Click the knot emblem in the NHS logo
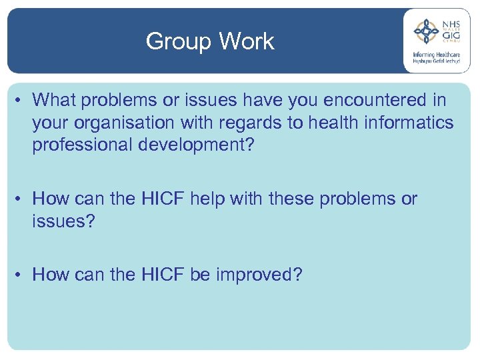click(426, 31)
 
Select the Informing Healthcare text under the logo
click(437, 55)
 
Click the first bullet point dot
click(21, 101)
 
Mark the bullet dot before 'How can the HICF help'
click(21, 199)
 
